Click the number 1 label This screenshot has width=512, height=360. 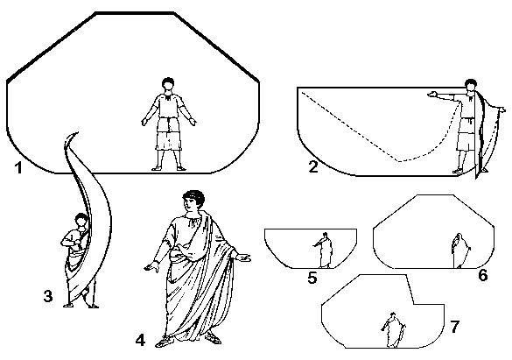(18, 168)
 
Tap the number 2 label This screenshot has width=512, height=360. (313, 167)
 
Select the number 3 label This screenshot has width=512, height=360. (48, 296)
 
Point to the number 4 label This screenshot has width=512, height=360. (140, 341)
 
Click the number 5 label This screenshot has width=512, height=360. (312, 278)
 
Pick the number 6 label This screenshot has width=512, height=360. (482, 275)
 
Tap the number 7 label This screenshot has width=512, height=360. (455, 327)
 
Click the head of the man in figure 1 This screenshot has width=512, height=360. (168, 83)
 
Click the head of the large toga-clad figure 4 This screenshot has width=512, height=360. (193, 201)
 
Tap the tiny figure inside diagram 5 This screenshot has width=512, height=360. (324, 250)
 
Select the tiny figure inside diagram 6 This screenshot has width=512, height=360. (460, 251)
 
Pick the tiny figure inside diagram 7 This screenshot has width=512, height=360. (394, 330)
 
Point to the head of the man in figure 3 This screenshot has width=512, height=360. (81, 220)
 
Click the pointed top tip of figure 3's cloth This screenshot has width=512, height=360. (78, 132)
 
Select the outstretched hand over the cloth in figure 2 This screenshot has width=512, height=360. (432, 95)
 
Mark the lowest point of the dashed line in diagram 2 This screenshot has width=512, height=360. (400, 161)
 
